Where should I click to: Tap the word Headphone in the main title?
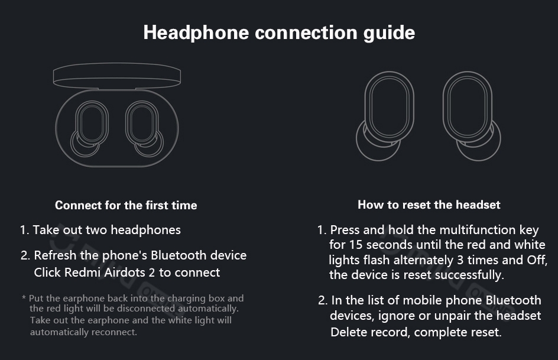[196, 33]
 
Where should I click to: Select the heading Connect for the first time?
[126, 205]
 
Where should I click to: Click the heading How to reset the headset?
[429, 205]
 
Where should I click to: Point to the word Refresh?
[55, 255]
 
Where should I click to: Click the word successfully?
[469, 275]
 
